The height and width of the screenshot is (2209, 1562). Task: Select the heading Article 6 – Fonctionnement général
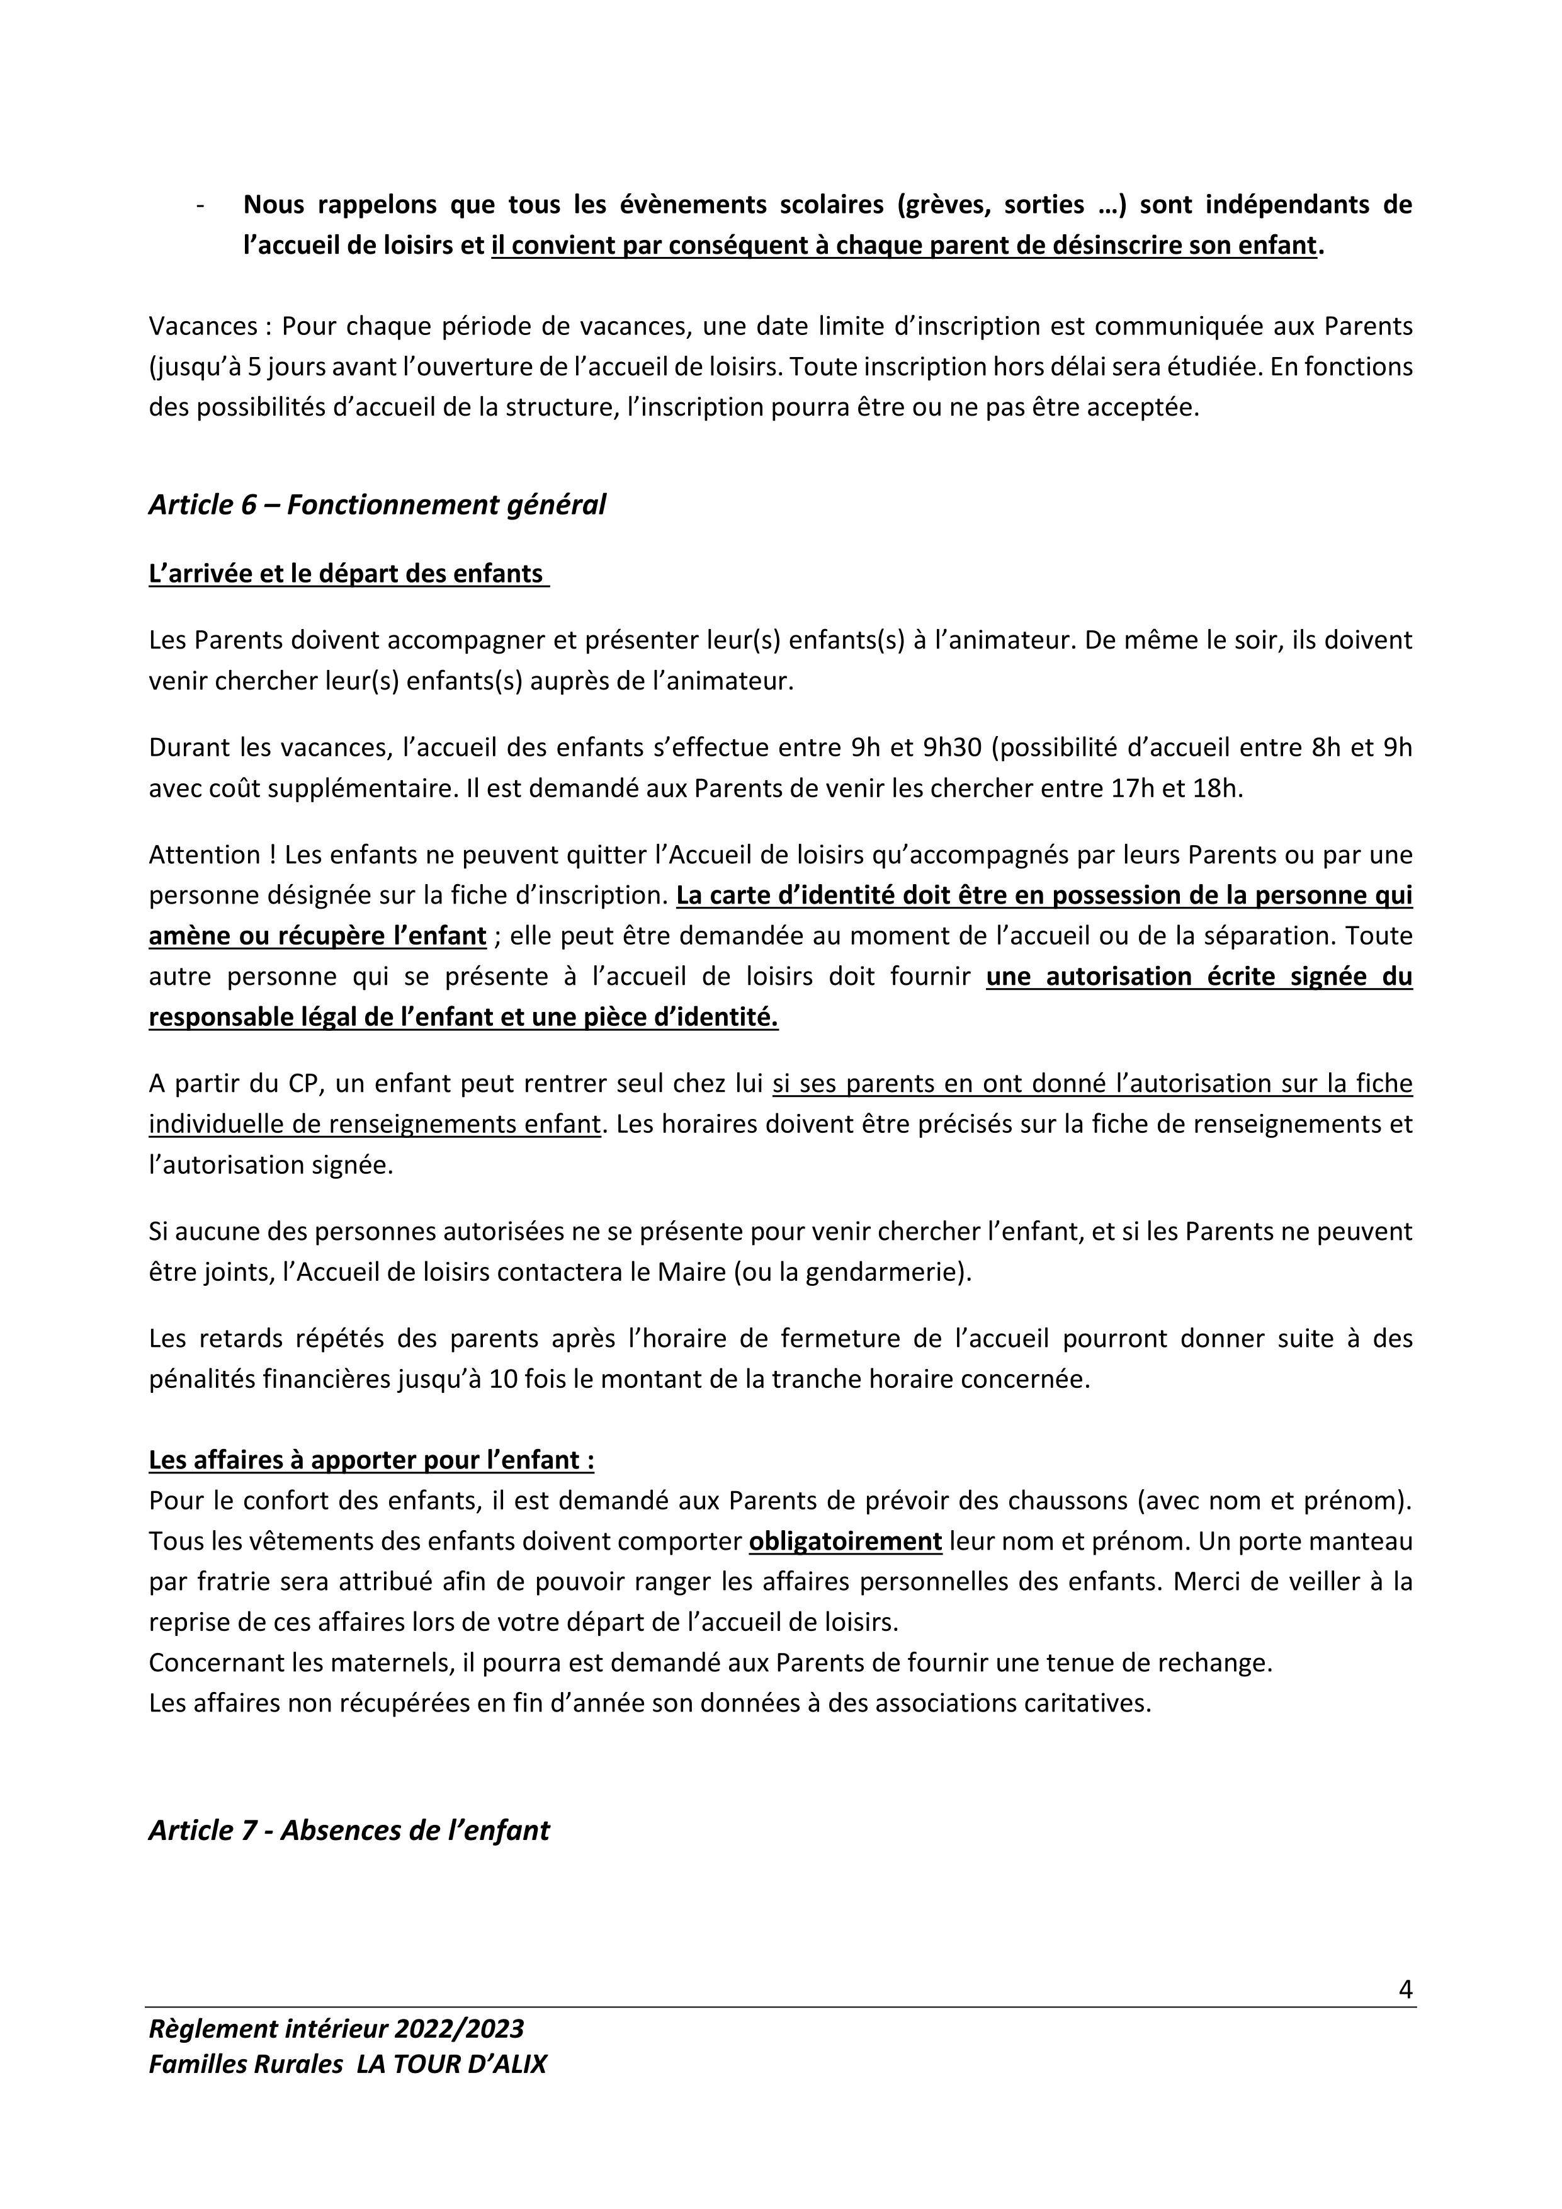coord(377,504)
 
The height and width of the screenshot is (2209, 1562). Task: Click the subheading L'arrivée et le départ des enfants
coord(348,574)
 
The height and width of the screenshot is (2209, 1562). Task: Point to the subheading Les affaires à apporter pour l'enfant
coord(371,1460)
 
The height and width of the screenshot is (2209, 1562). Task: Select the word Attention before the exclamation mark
coord(197,855)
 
